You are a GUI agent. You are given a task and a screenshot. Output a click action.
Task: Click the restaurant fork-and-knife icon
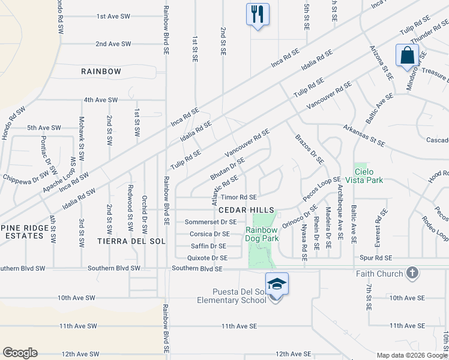(258, 14)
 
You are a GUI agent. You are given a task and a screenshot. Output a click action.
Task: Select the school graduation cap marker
(277, 283)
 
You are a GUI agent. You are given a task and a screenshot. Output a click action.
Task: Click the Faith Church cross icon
(412, 274)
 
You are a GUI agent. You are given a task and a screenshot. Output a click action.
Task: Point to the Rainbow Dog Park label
(262, 234)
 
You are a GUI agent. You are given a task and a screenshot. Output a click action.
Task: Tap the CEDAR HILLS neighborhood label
(246, 210)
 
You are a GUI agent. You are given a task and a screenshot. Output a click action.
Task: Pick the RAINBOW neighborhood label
(101, 71)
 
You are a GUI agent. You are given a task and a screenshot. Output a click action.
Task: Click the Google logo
(20, 353)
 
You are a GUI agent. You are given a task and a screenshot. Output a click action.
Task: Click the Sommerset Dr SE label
(210, 222)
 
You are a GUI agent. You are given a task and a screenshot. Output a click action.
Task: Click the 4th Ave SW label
(101, 100)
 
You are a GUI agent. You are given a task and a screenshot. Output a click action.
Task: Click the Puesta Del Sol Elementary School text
(231, 295)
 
